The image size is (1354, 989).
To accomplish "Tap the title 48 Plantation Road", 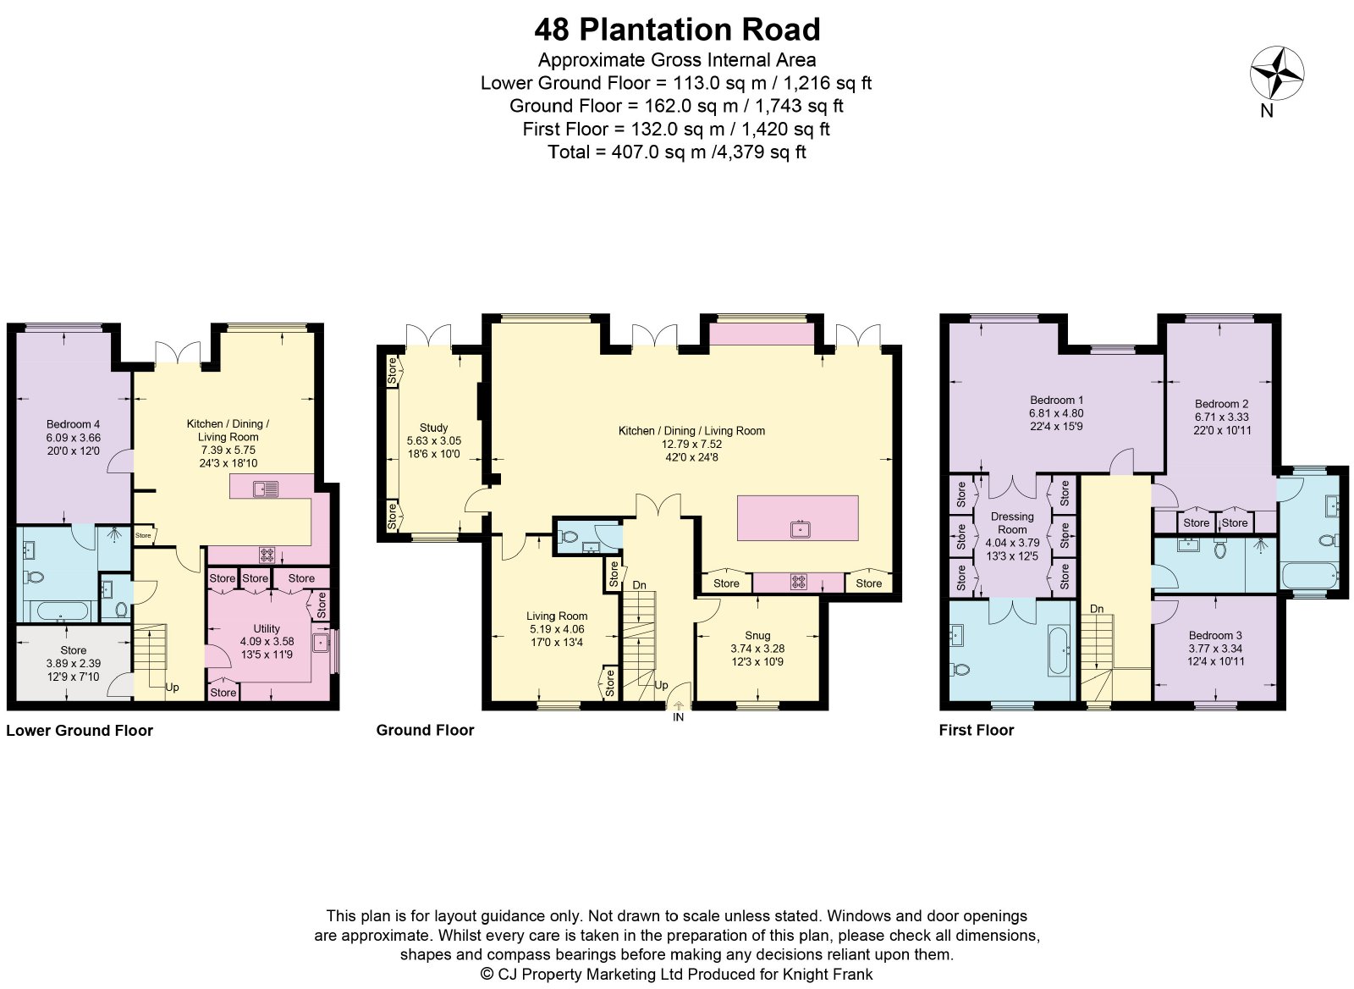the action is (x=677, y=30).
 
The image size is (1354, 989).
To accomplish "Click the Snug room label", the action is (x=757, y=635).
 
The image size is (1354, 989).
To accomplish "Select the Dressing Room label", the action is (x=1012, y=522).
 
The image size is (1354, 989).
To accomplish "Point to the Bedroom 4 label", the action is (x=73, y=424).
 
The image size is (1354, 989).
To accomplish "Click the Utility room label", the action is (x=267, y=628).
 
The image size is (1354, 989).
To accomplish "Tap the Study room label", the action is (x=433, y=428).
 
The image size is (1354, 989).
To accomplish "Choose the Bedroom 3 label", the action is (x=1215, y=635).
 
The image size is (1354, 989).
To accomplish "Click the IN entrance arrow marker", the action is (x=678, y=705).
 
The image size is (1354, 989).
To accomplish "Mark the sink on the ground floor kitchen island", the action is (x=801, y=530).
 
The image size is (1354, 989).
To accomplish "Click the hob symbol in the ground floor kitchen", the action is (x=799, y=582).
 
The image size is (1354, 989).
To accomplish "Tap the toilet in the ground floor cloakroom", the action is (x=568, y=536).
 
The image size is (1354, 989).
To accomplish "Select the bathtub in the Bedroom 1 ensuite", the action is (x=1057, y=651).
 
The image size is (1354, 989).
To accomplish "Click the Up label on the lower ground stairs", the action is (x=172, y=688).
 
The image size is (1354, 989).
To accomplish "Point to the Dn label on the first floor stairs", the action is (x=1097, y=609).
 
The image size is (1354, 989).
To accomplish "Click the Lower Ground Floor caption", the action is (x=80, y=730).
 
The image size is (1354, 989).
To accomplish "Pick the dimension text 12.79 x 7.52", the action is (x=691, y=444).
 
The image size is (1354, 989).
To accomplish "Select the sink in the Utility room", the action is (x=320, y=643).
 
